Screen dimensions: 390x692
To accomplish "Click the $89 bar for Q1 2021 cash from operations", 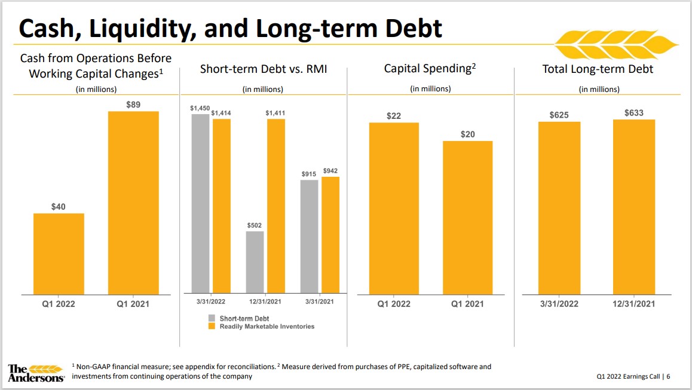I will click(133, 202).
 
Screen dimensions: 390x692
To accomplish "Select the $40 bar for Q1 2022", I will click(59, 253).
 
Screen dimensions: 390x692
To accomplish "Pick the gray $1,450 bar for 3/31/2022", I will click(200, 203).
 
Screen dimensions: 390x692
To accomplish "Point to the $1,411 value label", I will click(275, 112).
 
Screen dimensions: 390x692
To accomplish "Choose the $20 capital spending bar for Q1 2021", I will click(467, 217).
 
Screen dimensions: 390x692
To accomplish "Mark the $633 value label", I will click(633, 112).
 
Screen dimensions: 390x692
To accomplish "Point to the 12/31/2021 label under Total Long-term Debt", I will click(633, 303).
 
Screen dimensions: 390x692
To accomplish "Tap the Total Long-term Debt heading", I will click(598, 69).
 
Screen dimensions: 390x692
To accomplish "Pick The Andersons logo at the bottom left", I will click(36, 372).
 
